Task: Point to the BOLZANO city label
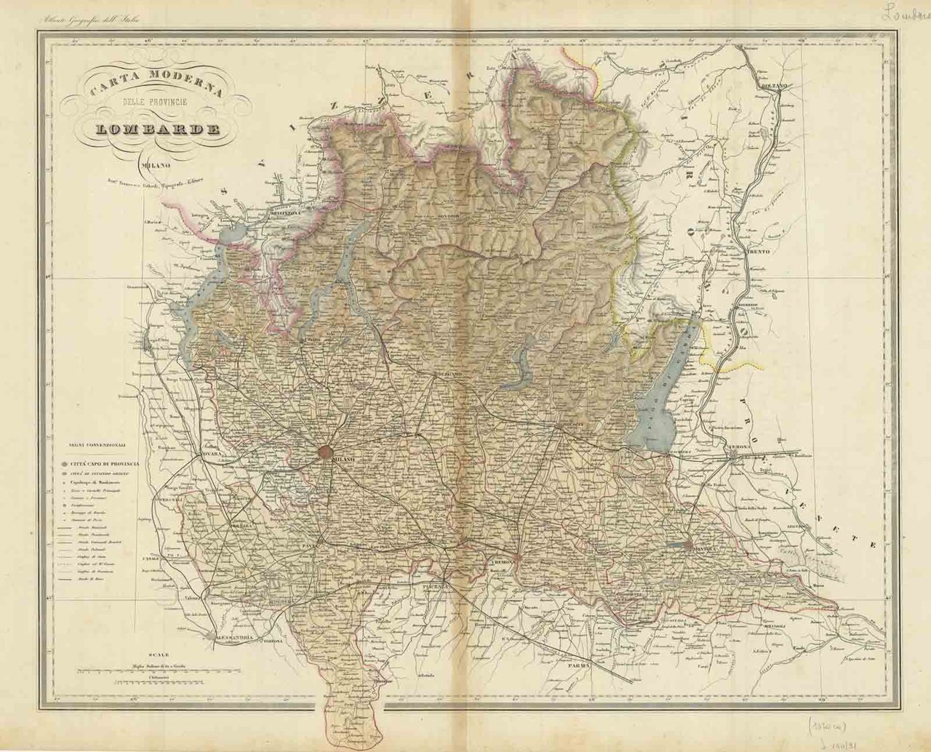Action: (773, 86)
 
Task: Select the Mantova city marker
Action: (690, 544)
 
